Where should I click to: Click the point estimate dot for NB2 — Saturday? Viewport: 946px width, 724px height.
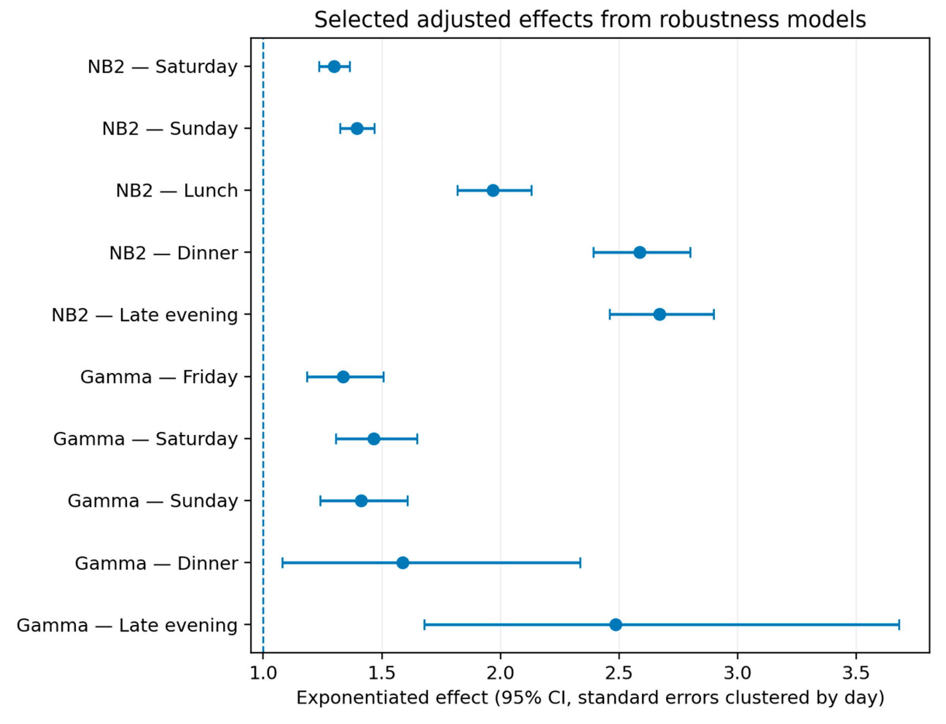[334, 67]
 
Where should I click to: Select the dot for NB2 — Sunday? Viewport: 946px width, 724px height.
[357, 128]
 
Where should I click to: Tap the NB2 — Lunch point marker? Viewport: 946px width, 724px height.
[493, 190]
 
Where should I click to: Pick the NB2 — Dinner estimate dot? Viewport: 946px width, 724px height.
[639, 253]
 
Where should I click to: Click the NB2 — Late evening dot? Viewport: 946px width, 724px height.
[660, 315]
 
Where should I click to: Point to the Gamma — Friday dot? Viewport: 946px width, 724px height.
[343, 377]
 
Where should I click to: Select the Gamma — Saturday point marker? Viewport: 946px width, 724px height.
[374, 439]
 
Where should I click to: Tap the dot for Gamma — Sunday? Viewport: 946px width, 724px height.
[361, 501]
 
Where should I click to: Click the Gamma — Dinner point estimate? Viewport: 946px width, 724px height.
[403, 563]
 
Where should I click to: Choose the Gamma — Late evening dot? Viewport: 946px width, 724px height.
[615, 625]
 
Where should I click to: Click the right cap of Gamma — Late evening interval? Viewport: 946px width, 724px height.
[899, 625]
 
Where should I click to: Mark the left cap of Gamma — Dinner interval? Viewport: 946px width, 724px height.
[282, 563]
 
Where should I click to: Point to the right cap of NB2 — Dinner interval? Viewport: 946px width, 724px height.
[691, 253]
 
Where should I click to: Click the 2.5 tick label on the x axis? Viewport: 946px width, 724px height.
[619, 673]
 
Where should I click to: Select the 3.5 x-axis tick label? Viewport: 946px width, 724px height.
[856, 673]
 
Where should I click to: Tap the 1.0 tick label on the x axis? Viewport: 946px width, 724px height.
[263, 673]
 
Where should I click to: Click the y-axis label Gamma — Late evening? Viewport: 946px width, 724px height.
[127, 625]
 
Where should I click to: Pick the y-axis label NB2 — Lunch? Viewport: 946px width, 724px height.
[177, 190]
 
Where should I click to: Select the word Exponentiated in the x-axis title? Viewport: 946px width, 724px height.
[349, 698]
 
